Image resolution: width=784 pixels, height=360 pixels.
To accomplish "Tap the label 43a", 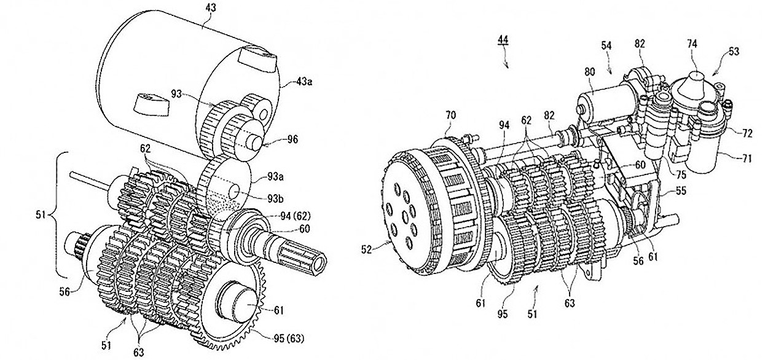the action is [304, 82].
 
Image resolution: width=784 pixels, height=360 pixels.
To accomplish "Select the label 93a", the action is [275, 177].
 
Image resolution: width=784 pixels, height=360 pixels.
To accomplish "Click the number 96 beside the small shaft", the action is [292, 139].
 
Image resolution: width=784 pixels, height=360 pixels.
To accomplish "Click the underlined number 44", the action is [503, 40].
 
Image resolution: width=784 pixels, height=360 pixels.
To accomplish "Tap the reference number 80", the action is [589, 72].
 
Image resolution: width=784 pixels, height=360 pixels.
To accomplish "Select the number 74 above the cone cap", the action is [692, 44].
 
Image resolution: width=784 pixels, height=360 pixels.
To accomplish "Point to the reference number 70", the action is [451, 115].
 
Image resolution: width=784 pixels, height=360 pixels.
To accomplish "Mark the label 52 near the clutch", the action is [366, 250].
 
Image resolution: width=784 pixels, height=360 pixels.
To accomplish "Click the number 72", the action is [747, 133].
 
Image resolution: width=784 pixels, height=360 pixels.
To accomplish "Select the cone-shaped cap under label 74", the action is [695, 85].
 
